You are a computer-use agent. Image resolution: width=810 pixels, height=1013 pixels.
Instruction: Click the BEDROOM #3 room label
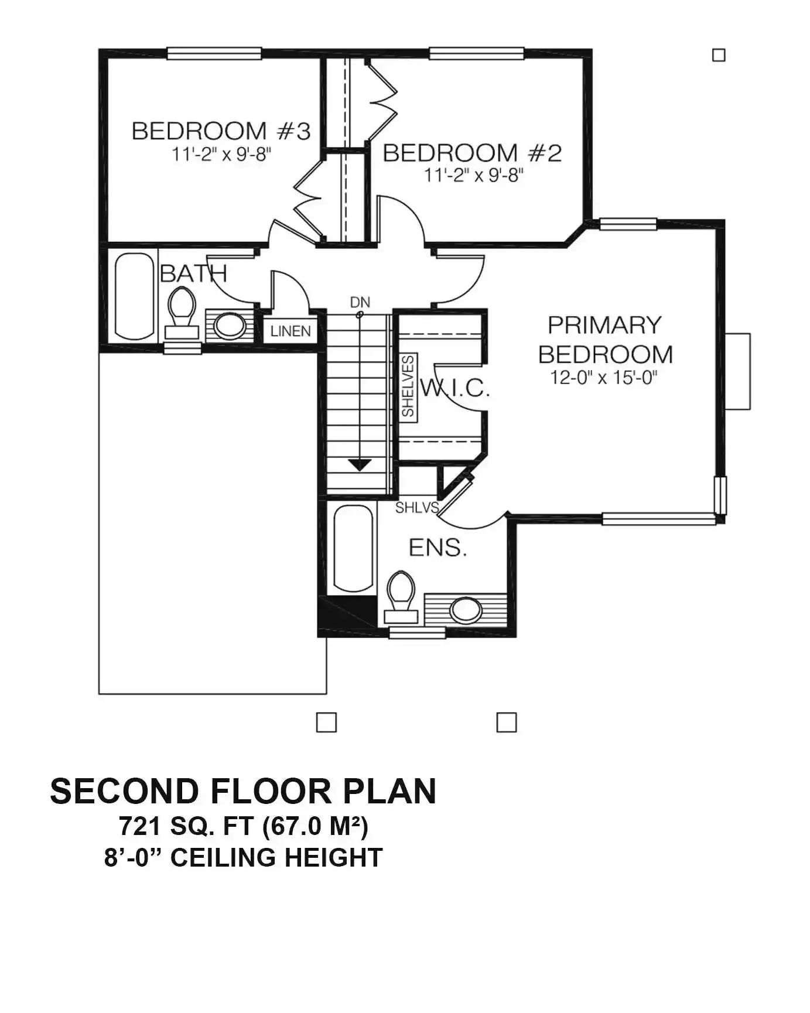tap(221, 131)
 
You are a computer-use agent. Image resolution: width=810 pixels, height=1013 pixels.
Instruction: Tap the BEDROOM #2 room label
tap(472, 153)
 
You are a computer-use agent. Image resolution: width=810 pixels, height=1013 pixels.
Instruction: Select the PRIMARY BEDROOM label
tap(606, 340)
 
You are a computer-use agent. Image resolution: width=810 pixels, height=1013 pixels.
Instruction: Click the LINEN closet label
tap(290, 331)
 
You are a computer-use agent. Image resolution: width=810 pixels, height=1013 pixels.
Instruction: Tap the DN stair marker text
tap(360, 302)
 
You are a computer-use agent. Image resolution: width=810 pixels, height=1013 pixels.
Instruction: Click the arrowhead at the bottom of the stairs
tap(360, 465)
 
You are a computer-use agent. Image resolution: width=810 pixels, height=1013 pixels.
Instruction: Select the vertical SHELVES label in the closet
tap(408, 386)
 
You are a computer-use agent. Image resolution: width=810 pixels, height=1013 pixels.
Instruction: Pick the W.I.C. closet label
tap(454, 388)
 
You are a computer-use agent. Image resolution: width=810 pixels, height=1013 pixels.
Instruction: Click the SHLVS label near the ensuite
tap(416, 508)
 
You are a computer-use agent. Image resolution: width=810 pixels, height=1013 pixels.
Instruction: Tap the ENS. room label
tap(438, 547)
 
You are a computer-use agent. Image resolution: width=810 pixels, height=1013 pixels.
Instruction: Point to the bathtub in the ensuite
tap(354, 549)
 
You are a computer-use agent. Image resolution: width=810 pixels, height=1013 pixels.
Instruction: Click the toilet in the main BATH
tap(182, 313)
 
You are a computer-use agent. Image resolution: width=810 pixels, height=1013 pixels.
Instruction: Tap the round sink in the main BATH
tap(230, 326)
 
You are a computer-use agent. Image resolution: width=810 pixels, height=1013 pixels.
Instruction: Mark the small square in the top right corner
tap(719, 55)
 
